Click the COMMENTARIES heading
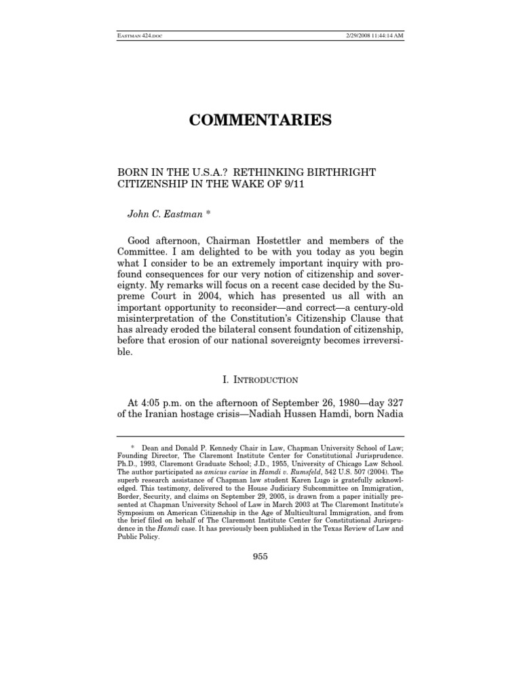coord(260,121)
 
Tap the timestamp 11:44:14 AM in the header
coord(385,35)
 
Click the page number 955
coord(260,557)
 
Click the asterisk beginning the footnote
coord(134,448)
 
